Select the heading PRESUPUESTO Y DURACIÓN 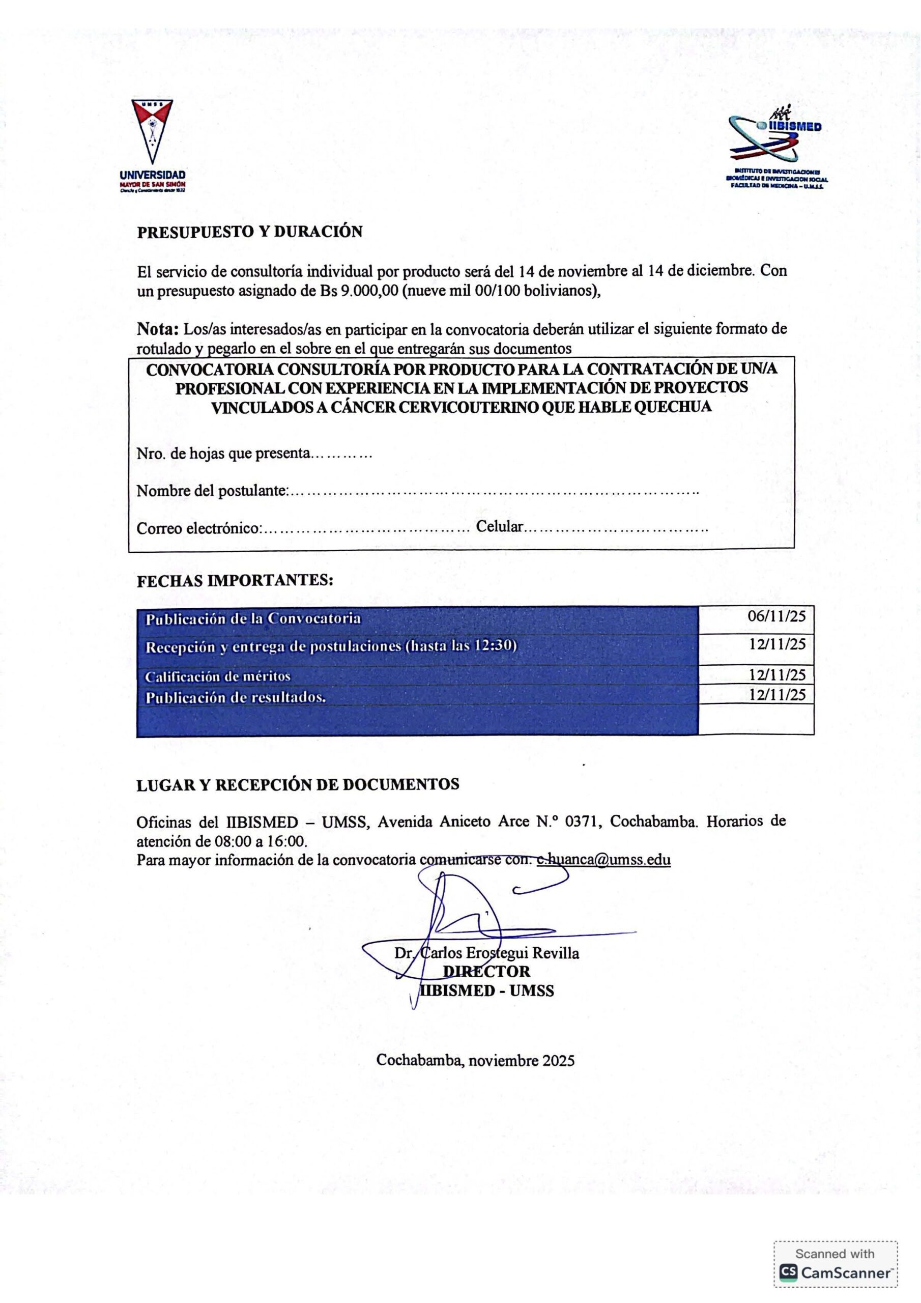[x=250, y=232]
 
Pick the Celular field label [x=499, y=527]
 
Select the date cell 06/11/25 [x=776, y=616]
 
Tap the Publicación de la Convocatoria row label [x=253, y=618]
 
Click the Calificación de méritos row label [x=218, y=676]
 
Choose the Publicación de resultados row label [x=236, y=697]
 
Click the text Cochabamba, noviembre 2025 [x=476, y=1060]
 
